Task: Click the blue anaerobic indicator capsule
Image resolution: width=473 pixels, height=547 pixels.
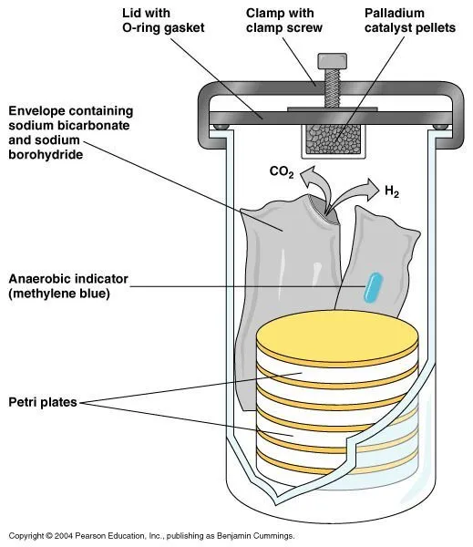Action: pyautogui.click(x=371, y=289)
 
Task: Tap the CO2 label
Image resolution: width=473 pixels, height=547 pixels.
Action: pyautogui.click(x=281, y=171)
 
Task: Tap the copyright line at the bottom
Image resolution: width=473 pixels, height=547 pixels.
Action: pyautogui.click(x=150, y=536)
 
